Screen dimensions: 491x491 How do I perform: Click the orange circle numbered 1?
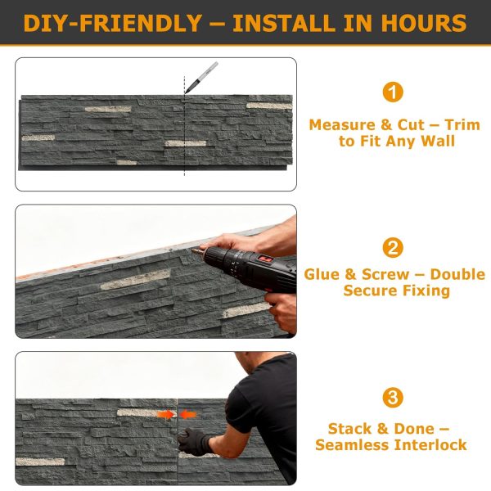pyautogui.click(x=393, y=92)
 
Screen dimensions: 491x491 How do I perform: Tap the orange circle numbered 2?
pyautogui.click(x=393, y=246)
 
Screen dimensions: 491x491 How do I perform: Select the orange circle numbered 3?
pyautogui.click(x=393, y=399)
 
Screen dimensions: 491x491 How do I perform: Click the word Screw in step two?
pyautogui.click(x=385, y=275)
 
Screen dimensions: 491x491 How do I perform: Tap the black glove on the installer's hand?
pyautogui.click(x=197, y=443)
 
